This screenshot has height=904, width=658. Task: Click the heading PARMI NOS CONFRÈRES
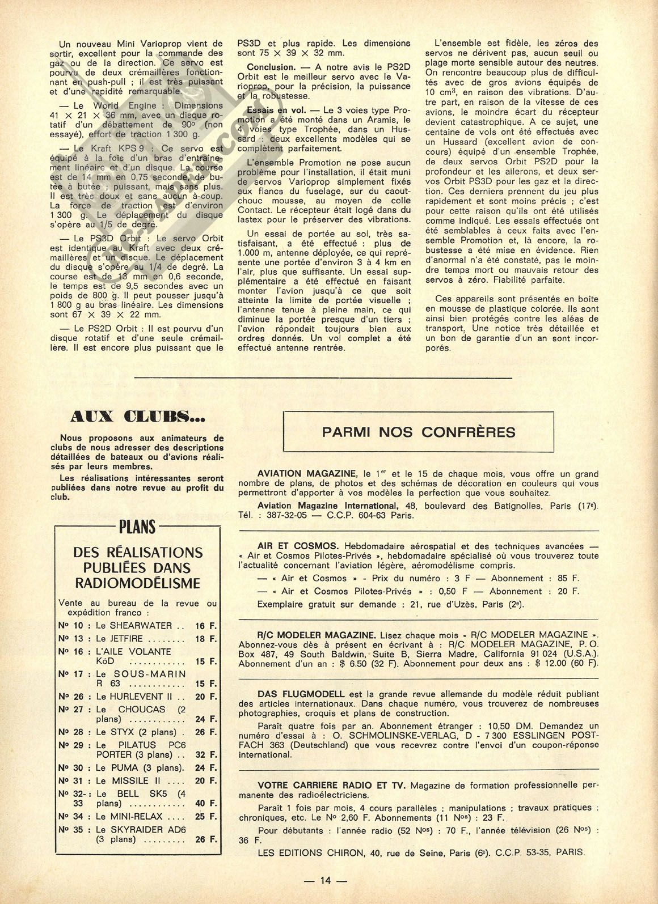(419, 432)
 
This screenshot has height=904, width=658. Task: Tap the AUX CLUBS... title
(138, 419)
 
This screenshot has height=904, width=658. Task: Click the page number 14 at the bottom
(325, 880)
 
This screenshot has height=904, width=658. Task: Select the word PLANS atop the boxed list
(137, 528)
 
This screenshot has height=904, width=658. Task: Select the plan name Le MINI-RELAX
(129, 817)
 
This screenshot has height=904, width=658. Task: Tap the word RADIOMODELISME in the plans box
(138, 583)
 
